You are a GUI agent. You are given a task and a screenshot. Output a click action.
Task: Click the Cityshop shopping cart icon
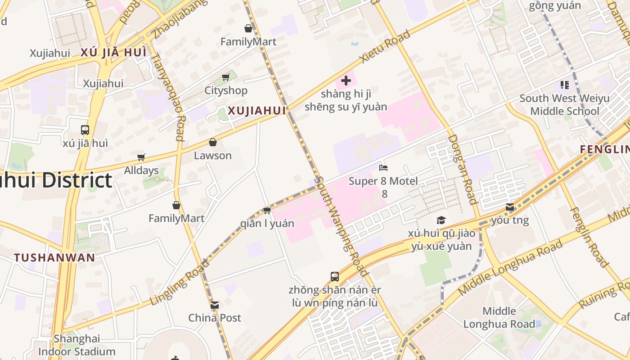coord(225,77)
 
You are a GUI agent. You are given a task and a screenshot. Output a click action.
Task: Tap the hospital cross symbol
coord(346,81)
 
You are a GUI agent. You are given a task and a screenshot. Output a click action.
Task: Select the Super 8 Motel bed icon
coord(383,168)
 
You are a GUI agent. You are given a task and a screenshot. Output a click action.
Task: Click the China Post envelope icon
coord(215,305)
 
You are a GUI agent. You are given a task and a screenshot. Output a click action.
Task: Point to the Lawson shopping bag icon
coord(213,142)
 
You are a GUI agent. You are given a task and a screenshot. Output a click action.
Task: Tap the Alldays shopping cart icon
coord(141,157)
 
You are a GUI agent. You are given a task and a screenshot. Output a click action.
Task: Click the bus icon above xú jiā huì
coord(85,130)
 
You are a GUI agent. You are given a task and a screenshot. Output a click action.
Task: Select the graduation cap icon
coord(441,220)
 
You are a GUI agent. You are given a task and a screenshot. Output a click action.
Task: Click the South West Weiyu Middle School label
coord(564,104)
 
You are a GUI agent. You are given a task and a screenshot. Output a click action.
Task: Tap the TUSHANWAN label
coord(54,258)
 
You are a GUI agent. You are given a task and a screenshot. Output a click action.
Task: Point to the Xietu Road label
coord(385,46)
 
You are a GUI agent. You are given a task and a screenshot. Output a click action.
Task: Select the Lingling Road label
coord(180,282)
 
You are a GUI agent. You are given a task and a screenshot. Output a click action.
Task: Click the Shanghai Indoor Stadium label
coord(77,345)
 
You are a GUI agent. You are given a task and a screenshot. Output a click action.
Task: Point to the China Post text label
coord(215,318)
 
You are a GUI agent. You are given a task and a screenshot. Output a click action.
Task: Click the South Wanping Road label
coord(342,225)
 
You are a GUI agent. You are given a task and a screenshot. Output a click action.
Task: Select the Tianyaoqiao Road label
coord(167,97)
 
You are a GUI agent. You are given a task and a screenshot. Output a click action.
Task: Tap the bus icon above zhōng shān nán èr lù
coord(335,276)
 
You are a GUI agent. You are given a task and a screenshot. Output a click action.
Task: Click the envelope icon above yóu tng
coord(510,207)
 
